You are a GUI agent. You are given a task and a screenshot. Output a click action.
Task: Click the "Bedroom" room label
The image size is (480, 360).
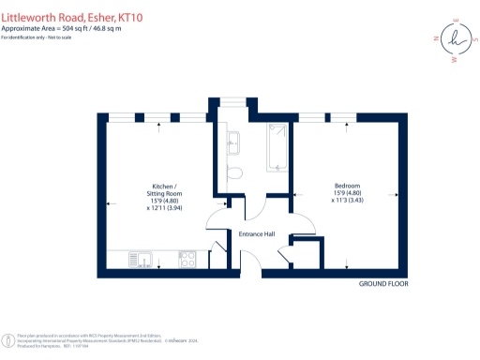tap(347, 186)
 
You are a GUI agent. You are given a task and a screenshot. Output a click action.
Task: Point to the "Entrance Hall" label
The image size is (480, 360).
tap(257, 233)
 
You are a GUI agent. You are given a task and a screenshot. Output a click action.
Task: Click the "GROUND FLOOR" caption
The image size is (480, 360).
tap(384, 283)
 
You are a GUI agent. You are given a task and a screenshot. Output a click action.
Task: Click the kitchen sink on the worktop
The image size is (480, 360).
tap(138, 258)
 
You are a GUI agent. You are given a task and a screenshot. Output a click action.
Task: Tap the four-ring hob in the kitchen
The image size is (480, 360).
tap(187, 258)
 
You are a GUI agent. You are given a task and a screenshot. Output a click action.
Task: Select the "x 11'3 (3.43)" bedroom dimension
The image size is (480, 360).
tap(348, 201)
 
